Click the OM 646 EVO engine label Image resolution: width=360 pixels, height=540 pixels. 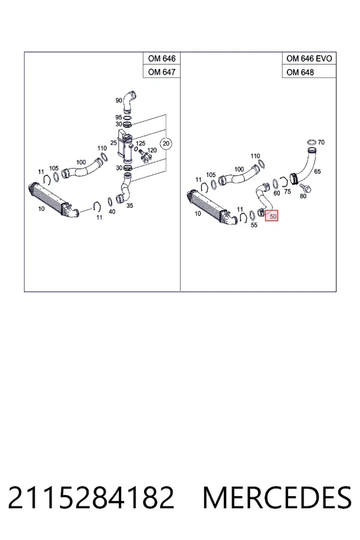(x=309, y=59)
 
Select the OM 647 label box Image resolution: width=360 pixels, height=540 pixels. (x=161, y=71)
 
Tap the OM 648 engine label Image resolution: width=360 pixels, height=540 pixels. (x=300, y=72)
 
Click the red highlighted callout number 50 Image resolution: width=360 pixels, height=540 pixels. (x=272, y=217)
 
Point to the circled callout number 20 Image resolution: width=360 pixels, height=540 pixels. (x=166, y=143)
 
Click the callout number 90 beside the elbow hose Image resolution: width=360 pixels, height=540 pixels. (x=119, y=101)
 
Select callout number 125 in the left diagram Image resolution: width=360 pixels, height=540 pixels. (x=140, y=143)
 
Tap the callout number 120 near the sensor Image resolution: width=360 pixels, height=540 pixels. (x=152, y=150)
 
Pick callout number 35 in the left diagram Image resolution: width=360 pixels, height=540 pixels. (x=130, y=206)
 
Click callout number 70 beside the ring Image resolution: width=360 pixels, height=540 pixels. (x=321, y=142)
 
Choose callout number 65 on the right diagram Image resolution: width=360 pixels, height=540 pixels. (x=317, y=171)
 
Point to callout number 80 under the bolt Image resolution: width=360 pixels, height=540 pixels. (x=303, y=196)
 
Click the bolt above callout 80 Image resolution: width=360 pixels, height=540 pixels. (x=305, y=188)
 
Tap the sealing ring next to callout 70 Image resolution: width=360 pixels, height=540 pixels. (x=311, y=142)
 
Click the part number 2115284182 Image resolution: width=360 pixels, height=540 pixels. (x=91, y=497)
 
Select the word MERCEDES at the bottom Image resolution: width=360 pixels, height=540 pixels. (x=277, y=497)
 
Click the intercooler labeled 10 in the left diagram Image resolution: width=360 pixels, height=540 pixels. (x=53, y=202)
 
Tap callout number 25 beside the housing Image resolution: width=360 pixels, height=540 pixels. (x=113, y=143)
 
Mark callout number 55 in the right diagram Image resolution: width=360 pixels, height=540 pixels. (x=254, y=225)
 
